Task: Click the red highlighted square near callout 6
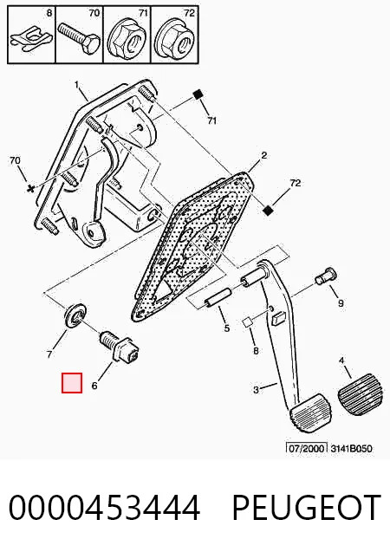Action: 72,383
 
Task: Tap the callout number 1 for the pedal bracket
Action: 77,85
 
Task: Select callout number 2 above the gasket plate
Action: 264,155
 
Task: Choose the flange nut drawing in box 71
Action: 127,40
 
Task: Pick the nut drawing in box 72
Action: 174,40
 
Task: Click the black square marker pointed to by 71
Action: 198,94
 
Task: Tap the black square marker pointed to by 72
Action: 268,211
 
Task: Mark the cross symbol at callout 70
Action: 31,189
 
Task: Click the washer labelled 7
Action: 75,315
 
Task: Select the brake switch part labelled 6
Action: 119,347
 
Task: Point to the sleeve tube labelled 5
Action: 218,298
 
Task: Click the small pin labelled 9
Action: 324,276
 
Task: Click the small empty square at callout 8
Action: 247,322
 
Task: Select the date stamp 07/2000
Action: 306,449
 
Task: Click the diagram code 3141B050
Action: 351,449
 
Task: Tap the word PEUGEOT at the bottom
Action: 306,507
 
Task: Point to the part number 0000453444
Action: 104,507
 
